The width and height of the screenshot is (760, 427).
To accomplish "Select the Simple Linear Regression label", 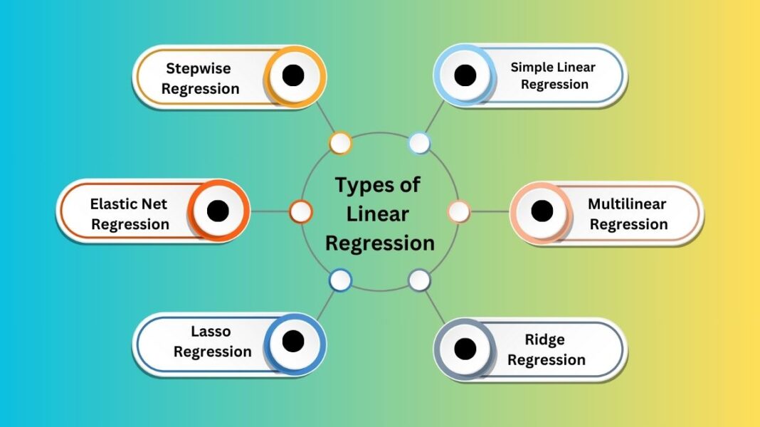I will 554,75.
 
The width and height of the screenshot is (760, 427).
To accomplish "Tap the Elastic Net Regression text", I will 130,213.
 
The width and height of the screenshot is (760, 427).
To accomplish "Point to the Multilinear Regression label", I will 628,213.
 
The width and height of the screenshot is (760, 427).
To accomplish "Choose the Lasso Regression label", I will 212,342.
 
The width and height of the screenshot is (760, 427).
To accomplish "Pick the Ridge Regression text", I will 546,349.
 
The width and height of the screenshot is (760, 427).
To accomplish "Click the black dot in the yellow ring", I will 293,75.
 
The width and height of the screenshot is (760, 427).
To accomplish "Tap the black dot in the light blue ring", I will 465,75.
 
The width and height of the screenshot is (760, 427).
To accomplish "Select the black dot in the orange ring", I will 218,211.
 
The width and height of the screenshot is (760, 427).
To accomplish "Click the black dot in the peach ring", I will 542,211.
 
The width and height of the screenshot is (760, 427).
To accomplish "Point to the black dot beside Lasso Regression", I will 293,342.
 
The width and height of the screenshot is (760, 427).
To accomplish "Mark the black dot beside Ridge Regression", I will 465,349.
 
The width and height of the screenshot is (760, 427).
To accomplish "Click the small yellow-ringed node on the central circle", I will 340,143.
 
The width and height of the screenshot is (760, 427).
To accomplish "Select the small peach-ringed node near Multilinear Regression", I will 459,211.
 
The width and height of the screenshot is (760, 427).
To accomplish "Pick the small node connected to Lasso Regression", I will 340,280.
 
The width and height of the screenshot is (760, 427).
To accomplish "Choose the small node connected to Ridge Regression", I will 419,280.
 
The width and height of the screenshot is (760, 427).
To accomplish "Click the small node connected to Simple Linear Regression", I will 419,143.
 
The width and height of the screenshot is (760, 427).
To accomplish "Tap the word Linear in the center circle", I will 378,213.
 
